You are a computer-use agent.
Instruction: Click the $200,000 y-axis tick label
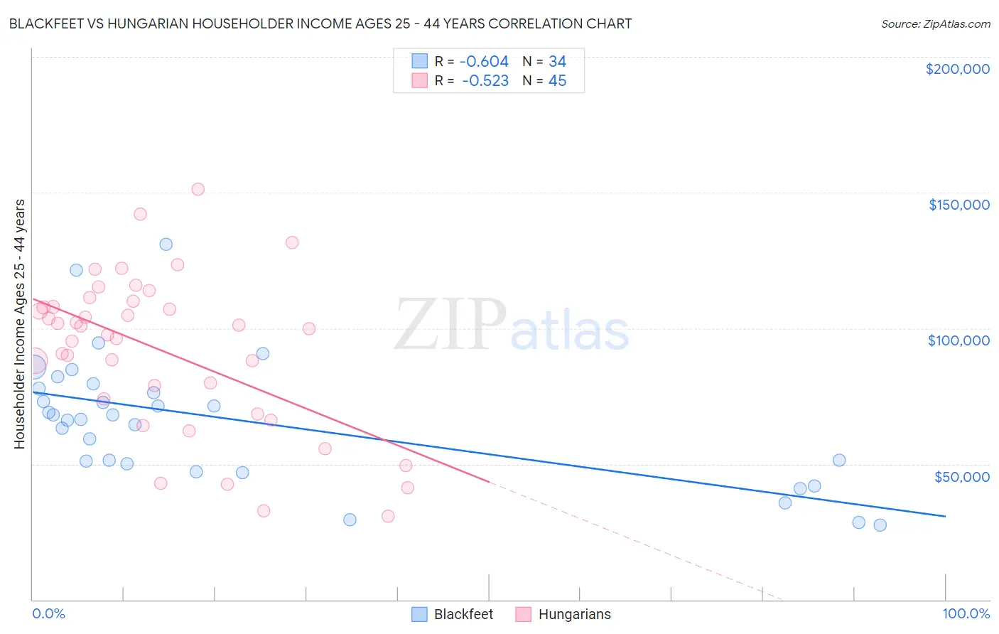957,69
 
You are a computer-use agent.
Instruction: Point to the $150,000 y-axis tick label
958,205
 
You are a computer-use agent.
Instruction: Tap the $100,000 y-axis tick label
958,340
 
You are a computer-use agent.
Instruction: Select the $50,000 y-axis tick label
961,476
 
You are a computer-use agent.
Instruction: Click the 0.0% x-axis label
48,613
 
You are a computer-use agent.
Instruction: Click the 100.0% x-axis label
966,613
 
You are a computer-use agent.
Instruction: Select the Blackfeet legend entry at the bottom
453,614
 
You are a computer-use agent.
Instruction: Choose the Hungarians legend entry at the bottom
563,614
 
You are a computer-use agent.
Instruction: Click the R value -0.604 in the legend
484,62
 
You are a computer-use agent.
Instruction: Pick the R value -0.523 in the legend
485,81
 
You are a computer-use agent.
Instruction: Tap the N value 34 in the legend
557,62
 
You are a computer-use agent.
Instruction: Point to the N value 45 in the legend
557,81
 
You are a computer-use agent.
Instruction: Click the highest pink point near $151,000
198,189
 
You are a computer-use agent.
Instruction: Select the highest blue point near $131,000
166,245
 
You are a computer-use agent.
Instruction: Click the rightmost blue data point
880,525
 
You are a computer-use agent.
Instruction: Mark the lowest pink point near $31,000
388,516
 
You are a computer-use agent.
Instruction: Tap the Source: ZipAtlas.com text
935,24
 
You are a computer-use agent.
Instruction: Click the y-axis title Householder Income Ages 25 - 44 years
20,324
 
